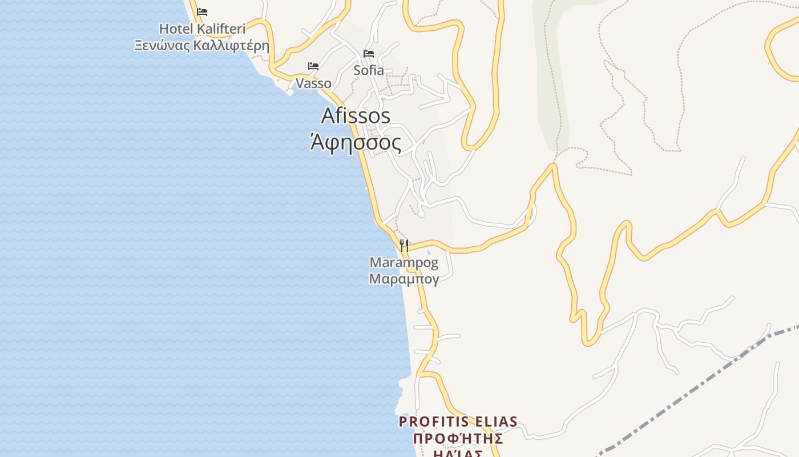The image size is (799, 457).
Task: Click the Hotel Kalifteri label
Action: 202,29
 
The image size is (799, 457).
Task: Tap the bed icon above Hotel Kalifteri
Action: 202,11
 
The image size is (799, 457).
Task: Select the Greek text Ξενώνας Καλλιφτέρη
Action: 201,46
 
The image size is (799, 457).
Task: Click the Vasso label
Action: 313,83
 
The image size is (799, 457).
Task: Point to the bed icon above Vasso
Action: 313,66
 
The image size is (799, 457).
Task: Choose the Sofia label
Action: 369,70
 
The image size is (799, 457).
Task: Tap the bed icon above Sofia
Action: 369,54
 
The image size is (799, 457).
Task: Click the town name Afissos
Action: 356,116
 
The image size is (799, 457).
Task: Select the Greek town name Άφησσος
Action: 356,142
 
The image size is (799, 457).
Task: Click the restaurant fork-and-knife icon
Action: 404,246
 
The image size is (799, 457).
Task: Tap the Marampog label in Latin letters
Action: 404,263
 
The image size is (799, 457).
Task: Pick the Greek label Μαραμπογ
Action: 404,279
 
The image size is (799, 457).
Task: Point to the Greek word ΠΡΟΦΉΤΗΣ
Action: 458,439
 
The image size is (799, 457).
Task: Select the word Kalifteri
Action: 220,29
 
